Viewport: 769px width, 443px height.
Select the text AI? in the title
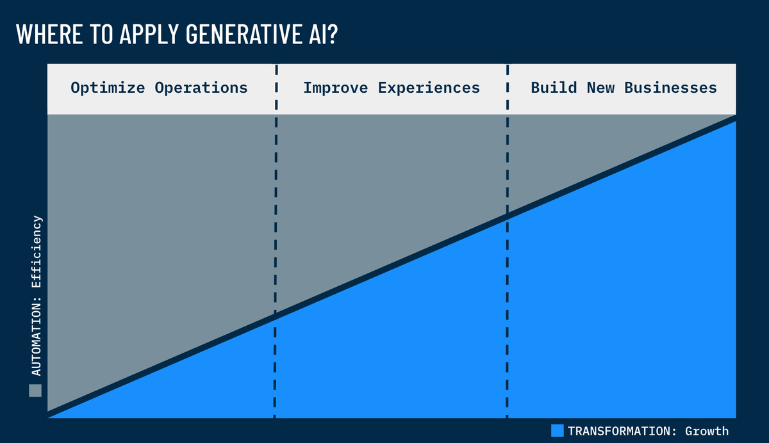tap(322, 35)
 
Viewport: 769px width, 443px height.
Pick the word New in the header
tap(600, 88)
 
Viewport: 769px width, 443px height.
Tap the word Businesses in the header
tap(670, 88)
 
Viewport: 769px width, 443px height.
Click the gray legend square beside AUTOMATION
tap(35, 391)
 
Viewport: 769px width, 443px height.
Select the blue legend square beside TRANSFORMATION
tap(557, 431)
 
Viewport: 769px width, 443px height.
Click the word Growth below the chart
tap(706, 431)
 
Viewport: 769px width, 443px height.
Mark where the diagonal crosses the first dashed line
tap(276, 315)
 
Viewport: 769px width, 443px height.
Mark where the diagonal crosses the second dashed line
tap(507, 216)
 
